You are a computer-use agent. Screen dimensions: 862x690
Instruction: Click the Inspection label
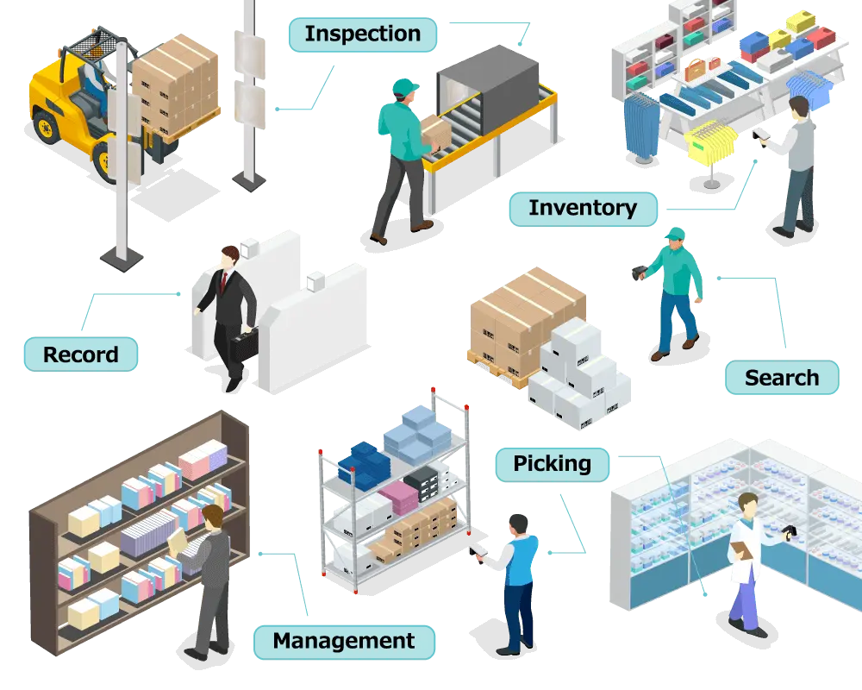[363, 34]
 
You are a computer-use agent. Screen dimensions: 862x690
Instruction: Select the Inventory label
[584, 209]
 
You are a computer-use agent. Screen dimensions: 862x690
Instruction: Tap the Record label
[81, 354]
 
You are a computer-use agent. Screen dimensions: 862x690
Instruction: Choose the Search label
[782, 378]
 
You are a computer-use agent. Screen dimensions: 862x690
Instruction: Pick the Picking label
[553, 464]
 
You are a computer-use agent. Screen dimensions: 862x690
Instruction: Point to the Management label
[344, 642]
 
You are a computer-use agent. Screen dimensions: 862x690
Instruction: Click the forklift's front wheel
[104, 161]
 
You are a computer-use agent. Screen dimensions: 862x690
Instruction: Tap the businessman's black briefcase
[244, 345]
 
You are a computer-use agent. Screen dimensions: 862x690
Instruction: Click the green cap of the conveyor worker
[404, 87]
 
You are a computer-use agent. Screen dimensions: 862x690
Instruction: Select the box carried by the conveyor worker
[435, 131]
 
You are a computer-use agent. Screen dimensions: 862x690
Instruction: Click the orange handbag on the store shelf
[695, 69]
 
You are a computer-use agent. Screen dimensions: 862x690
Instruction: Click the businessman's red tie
[223, 282]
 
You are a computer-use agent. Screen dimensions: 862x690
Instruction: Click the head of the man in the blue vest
[518, 525]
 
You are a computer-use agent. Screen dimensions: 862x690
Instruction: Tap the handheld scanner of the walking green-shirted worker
[639, 272]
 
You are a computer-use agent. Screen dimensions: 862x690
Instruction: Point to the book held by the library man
[177, 542]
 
